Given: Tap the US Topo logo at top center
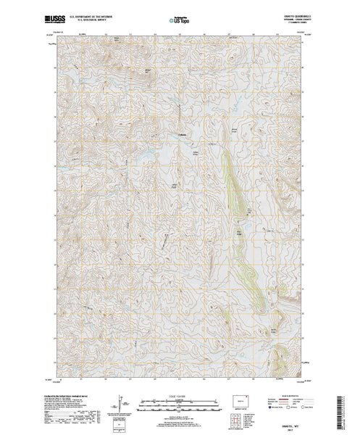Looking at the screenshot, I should [180, 14].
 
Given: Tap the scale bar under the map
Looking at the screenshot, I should [180, 401].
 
